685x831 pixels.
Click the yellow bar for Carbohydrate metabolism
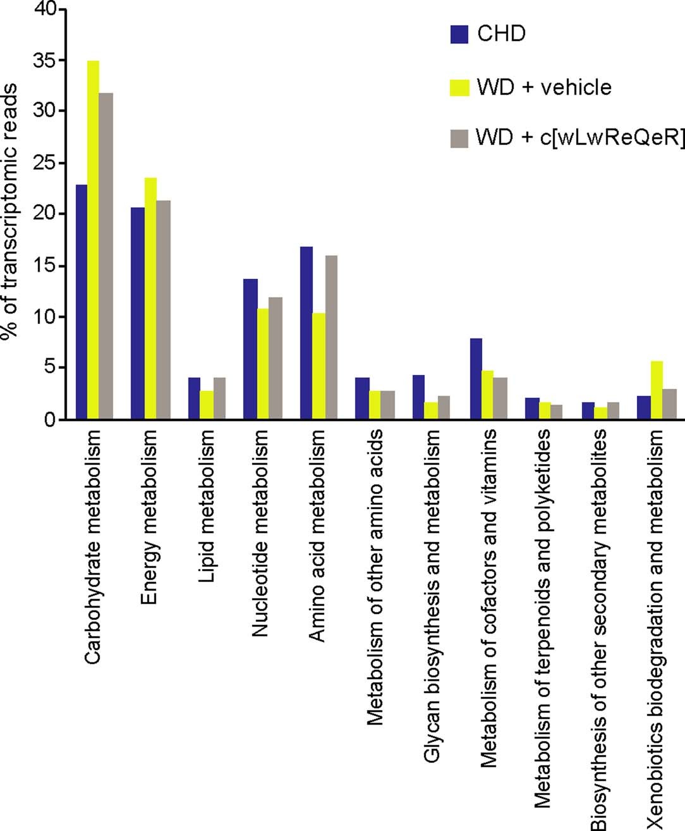point(93,240)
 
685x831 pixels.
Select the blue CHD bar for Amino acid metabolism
point(306,333)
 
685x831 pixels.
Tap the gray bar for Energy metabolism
point(164,310)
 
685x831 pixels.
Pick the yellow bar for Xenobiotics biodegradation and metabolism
point(657,390)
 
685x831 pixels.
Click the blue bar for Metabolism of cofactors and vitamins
point(476,379)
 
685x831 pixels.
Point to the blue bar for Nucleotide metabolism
point(250,348)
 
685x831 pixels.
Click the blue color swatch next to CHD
point(459,34)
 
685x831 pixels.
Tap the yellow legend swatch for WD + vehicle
point(459,87)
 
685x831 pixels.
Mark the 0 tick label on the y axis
point(49,419)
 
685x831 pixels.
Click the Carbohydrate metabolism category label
point(93,547)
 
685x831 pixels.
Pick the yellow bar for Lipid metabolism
point(207,405)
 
